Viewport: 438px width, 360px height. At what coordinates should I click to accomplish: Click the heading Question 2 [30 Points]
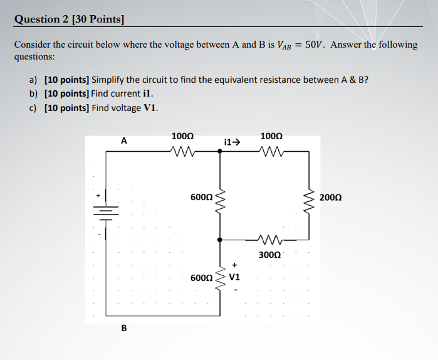(69, 19)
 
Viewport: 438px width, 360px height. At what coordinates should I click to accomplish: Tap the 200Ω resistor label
(330, 198)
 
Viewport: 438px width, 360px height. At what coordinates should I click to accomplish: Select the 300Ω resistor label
(269, 255)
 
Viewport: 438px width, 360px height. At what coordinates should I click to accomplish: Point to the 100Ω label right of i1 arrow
(271, 135)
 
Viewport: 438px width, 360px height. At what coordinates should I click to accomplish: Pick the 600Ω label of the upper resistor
(201, 198)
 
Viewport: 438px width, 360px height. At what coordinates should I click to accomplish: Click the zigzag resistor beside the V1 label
(219, 278)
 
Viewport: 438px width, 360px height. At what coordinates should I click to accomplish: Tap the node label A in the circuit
(123, 141)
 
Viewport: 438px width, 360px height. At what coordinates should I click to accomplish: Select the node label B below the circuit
(123, 327)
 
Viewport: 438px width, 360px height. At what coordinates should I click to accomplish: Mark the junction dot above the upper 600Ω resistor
(219, 151)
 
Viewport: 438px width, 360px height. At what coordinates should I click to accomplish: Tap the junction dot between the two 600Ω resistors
(219, 240)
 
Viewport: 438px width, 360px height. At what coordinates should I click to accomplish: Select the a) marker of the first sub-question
(32, 80)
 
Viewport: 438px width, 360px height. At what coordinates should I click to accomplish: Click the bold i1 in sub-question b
(147, 94)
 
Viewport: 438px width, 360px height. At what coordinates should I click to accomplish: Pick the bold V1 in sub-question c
(150, 108)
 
